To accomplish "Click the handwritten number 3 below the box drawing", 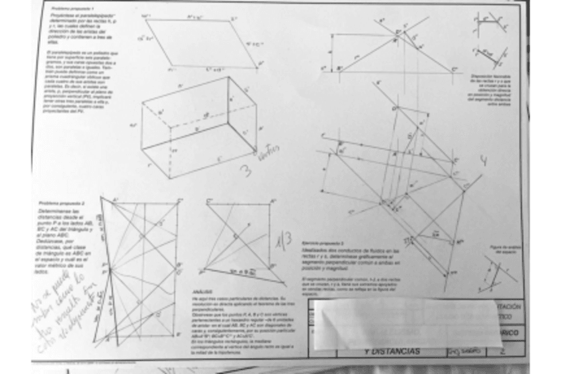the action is [x=245, y=171].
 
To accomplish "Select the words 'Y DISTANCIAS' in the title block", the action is [x=393, y=351].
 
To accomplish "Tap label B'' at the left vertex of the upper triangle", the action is [x=339, y=68].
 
